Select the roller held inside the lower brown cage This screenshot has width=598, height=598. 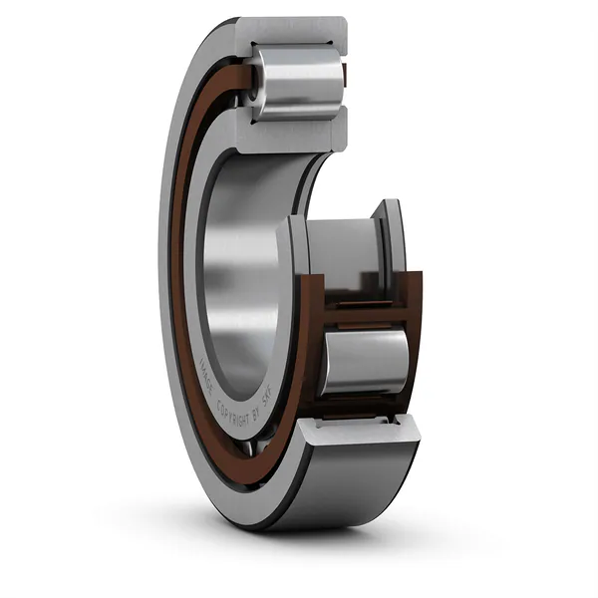point(363,361)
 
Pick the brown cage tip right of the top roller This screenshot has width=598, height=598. point(344,75)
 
